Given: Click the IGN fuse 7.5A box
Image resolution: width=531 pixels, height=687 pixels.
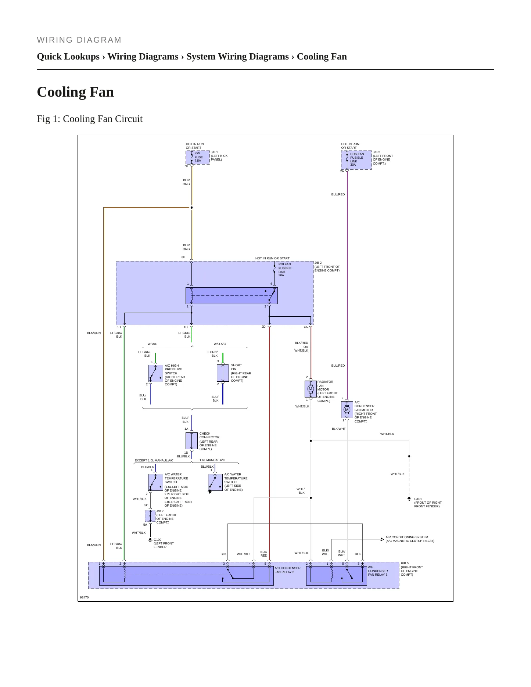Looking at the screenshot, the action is click(198, 158).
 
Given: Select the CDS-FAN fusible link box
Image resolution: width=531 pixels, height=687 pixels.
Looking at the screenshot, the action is click(356, 160).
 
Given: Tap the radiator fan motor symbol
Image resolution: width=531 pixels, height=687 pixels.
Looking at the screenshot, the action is click(311, 389).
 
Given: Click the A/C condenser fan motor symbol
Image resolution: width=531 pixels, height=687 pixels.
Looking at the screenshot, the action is click(347, 410).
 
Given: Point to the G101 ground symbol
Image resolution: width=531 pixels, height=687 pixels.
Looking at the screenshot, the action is click(409, 499).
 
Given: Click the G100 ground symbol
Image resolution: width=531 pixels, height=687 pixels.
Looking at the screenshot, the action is click(150, 540).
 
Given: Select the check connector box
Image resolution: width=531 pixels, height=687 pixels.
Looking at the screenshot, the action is click(191, 441).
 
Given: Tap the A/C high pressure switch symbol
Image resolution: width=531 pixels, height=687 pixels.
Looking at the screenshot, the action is click(155, 373).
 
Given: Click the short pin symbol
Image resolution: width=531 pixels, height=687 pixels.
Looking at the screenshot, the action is click(223, 373).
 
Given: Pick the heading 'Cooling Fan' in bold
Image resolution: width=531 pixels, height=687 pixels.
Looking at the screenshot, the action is click(75, 92).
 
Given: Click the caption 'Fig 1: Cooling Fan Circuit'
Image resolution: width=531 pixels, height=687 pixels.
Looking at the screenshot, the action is click(90, 119).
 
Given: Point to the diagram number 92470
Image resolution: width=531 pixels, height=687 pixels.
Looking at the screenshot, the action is click(84, 597).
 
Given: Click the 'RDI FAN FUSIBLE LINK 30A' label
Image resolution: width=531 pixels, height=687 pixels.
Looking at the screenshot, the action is click(285, 270).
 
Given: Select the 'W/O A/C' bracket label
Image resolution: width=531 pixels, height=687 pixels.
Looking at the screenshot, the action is click(220, 344).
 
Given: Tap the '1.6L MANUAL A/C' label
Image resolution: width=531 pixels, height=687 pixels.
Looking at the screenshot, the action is click(212, 460).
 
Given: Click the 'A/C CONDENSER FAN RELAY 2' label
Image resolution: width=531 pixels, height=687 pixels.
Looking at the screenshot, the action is click(287, 570).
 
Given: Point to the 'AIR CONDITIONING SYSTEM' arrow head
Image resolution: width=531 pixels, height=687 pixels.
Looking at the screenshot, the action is click(382, 539).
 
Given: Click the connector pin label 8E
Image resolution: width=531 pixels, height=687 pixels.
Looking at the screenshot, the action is click(183, 258).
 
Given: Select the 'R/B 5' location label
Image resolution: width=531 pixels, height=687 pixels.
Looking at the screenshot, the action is click(405, 563).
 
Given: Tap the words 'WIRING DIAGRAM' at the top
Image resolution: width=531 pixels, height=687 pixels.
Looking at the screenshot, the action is click(79, 40).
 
